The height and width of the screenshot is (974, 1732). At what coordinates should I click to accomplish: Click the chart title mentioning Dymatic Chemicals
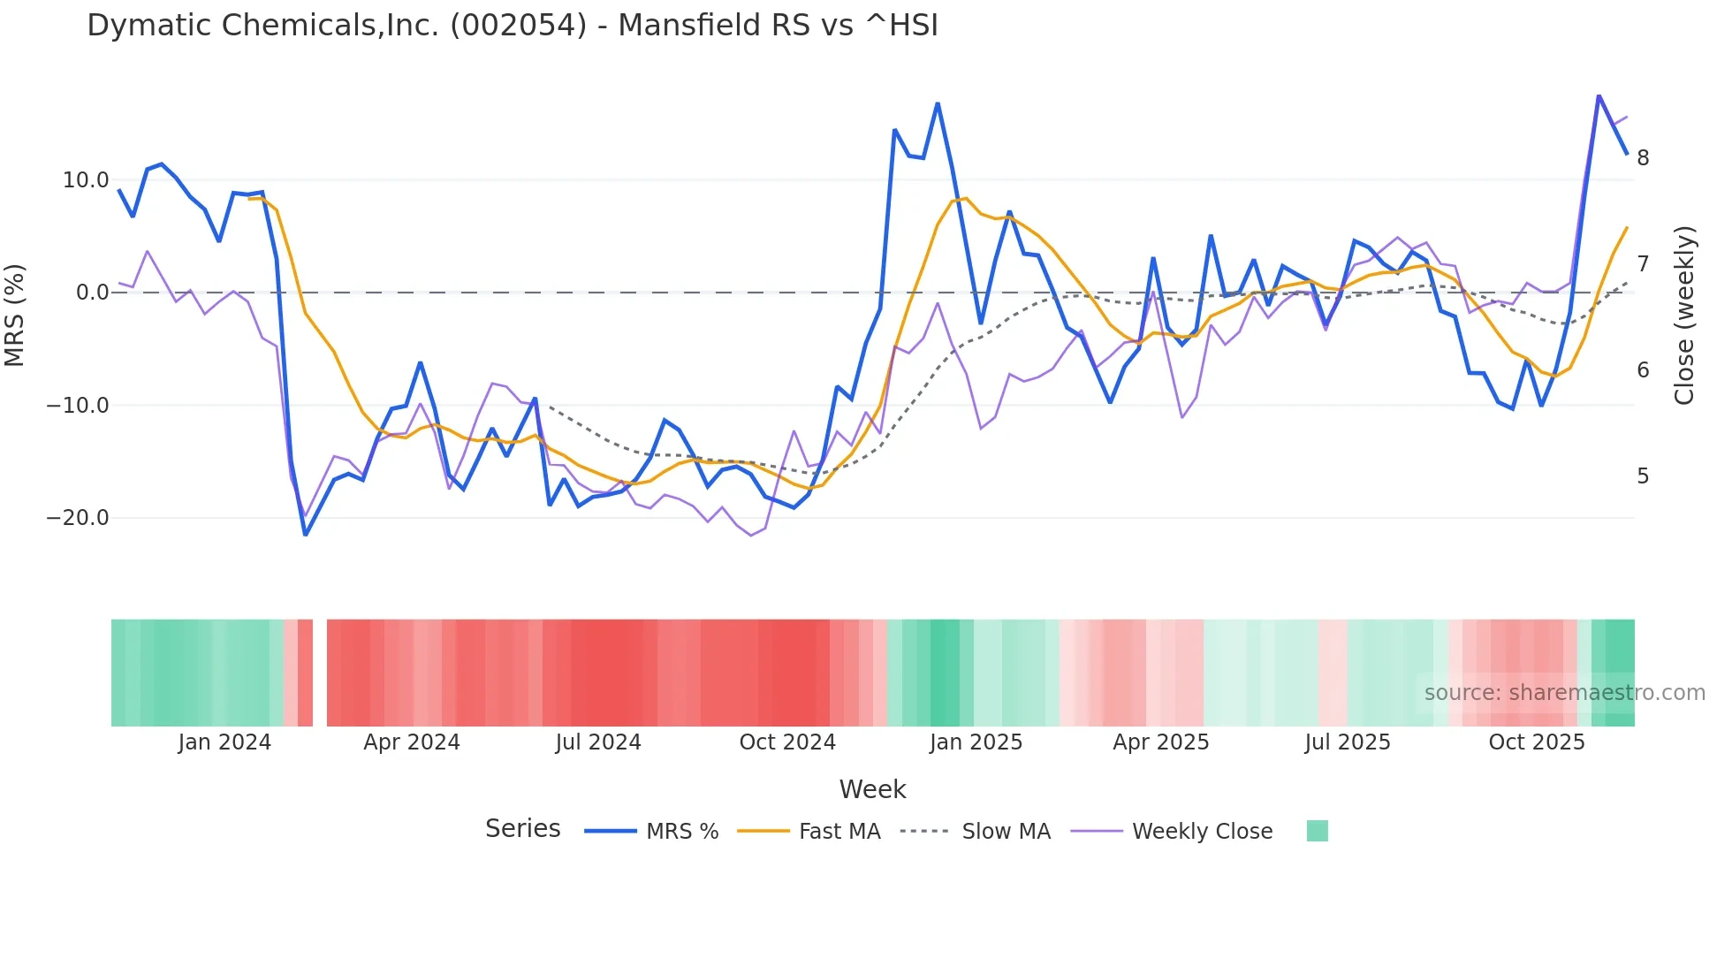tap(513, 26)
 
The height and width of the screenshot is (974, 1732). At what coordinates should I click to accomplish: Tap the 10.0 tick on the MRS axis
tap(86, 180)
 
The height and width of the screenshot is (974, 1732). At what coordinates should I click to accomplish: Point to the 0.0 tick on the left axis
tap(93, 293)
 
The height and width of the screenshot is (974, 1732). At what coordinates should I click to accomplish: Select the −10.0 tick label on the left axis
tap(78, 406)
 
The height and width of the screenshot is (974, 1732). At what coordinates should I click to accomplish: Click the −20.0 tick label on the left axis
tap(78, 518)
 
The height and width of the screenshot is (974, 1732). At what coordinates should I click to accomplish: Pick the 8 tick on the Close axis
tap(1643, 158)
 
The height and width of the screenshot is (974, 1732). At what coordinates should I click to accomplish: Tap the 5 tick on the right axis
tap(1643, 476)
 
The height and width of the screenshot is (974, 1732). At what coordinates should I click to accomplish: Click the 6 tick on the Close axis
tap(1643, 370)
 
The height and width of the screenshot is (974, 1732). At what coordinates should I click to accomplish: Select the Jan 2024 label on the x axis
tap(224, 742)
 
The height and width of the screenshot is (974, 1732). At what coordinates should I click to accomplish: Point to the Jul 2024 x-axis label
tap(598, 742)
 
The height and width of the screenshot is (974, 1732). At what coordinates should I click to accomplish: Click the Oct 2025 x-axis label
tap(1537, 742)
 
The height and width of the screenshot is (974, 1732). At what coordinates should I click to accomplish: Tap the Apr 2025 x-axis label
tap(1160, 742)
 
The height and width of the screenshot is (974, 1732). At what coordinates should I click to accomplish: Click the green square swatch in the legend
tap(1317, 831)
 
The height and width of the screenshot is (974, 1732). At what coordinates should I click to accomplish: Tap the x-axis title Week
tap(872, 789)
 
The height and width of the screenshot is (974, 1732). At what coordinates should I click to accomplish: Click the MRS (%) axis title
tap(15, 316)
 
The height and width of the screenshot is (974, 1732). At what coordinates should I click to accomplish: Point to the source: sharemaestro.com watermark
tap(1564, 693)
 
